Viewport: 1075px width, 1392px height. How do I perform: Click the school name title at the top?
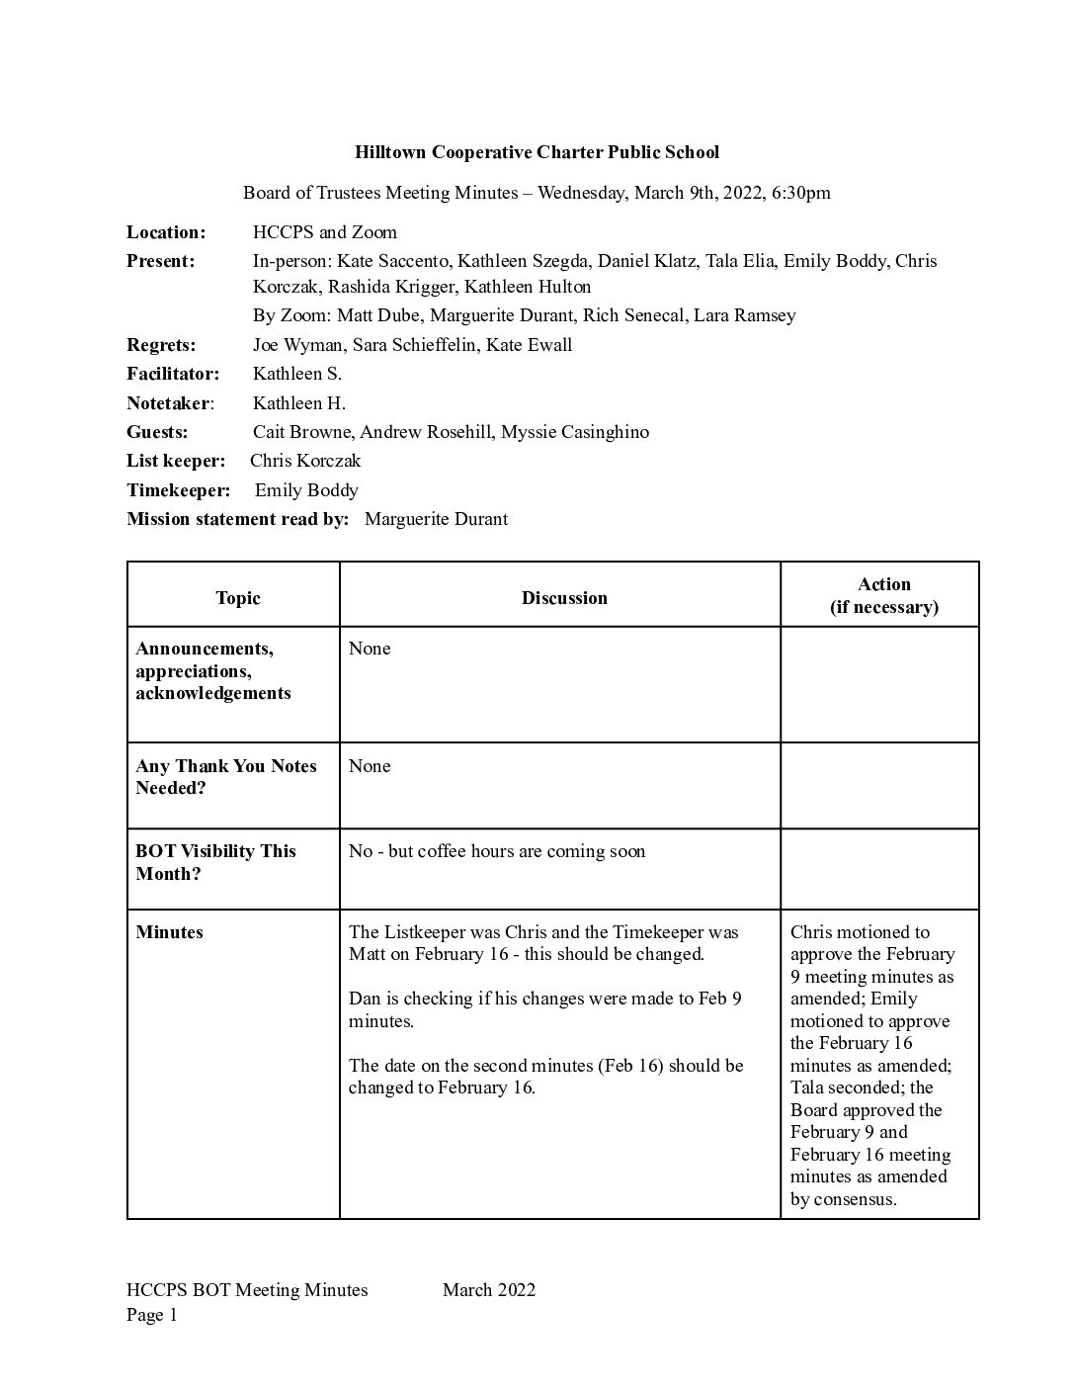click(x=537, y=152)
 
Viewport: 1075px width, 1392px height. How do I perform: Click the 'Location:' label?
click(x=166, y=232)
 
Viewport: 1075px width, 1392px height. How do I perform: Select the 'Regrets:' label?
click(x=161, y=345)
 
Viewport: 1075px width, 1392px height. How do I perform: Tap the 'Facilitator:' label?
click(x=173, y=374)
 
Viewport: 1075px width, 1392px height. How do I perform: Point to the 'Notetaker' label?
click(x=169, y=403)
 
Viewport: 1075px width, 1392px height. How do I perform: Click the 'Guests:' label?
click(x=157, y=432)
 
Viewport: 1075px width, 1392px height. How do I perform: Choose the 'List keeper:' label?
click(x=176, y=461)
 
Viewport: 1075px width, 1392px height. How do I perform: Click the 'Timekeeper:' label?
click(x=178, y=490)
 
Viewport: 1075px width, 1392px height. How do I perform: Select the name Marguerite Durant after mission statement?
click(x=436, y=519)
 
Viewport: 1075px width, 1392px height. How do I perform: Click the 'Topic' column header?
click(x=237, y=598)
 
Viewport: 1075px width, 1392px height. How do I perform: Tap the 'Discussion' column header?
click(x=564, y=598)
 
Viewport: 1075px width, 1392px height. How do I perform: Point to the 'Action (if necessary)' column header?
click(x=883, y=595)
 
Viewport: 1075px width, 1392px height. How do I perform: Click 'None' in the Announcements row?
click(x=370, y=649)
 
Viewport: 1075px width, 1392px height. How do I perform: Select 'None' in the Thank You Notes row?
click(x=370, y=766)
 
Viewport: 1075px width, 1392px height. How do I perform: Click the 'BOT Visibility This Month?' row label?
click(x=215, y=862)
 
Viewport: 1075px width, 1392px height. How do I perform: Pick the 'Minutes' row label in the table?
click(x=170, y=932)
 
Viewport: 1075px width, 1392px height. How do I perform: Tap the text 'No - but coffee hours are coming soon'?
click(x=497, y=851)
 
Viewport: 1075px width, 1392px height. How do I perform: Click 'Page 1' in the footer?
click(x=152, y=1315)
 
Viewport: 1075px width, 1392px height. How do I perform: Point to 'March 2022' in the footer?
click(x=489, y=1289)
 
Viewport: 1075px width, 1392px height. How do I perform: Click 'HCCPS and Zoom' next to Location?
click(x=325, y=232)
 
